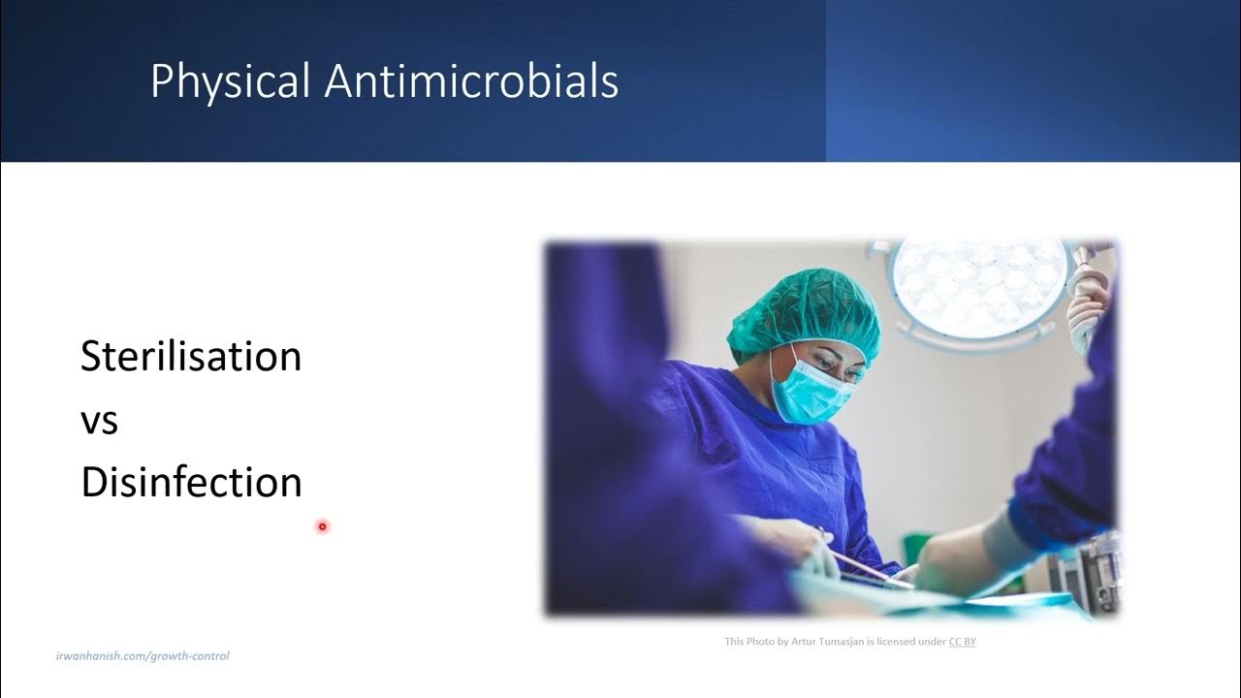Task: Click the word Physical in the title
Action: (231, 82)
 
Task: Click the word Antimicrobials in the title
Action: (471, 81)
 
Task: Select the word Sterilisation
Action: (191, 357)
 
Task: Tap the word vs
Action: (99, 421)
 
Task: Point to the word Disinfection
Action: (191, 483)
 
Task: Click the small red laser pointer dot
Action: (322, 526)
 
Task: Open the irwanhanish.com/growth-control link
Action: (143, 656)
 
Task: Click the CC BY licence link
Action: (962, 642)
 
